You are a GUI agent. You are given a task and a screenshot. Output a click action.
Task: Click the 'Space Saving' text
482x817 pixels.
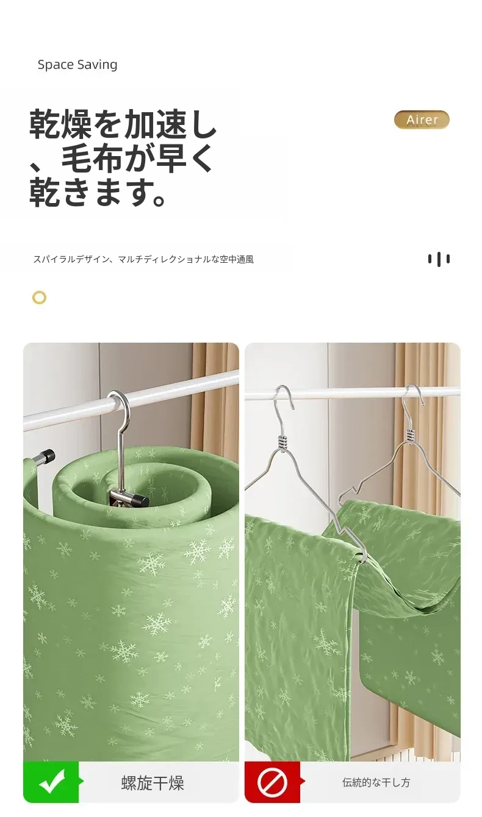tap(77, 65)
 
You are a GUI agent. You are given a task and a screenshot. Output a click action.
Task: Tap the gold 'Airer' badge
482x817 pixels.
tap(422, 120)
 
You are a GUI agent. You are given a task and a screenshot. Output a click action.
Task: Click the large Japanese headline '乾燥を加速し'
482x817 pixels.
tap(123, 124)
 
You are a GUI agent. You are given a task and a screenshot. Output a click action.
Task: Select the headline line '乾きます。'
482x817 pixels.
tap(98, 192)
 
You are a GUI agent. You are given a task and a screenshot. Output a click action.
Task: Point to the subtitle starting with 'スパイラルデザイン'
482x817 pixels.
tap(143, 259)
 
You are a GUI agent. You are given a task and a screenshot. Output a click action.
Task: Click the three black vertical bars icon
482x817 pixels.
tap(439, 259)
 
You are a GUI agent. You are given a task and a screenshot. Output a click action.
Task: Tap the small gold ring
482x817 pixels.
tap(40, 298)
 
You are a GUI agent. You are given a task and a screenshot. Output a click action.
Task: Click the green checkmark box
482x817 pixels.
tap(51, 782)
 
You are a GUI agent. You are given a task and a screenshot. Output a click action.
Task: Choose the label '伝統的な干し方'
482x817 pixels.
tap(376, 782)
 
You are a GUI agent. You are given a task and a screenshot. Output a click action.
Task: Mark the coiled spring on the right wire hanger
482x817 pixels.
tap(411, 435)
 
